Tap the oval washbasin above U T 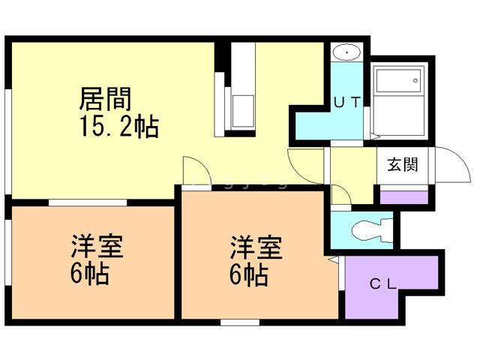pyautogui.click(x=347, y=53)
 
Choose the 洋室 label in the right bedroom pyautogui.click(x=256, y=246)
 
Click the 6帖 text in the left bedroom pyautogui.click(x=90, y=274)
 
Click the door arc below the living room pyautogui.click(x=191, y=169)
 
